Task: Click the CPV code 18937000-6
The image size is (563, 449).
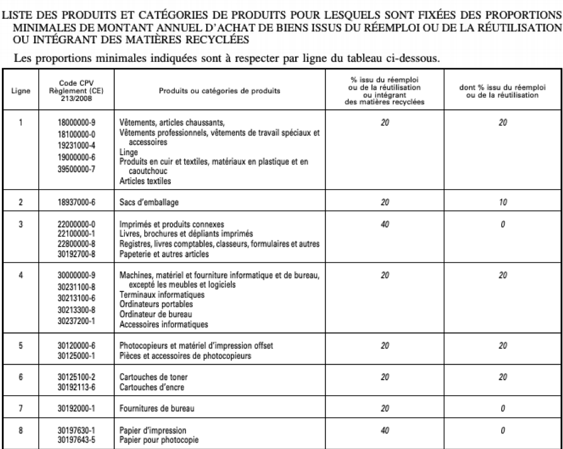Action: click(78, 202)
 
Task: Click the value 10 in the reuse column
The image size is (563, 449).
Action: click(498, 202)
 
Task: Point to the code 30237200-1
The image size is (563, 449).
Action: click(78, 324)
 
